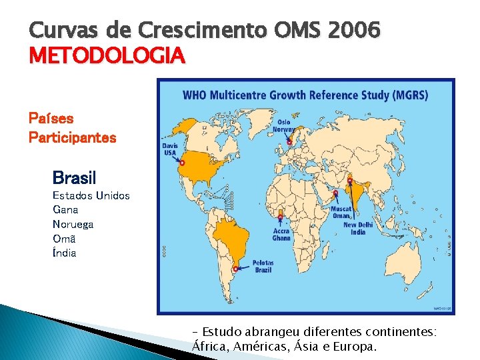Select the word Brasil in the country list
(x=74, y=178)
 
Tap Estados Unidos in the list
(x=91, y=195)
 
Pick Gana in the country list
(x=65, y=210)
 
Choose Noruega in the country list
(x=73, y=224)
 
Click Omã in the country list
(x=64, y=239)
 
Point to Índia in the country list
(x=65, y=253)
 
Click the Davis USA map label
(x=170, y=149)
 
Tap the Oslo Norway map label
(x=284, y=126)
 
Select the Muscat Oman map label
(x=341, y=212)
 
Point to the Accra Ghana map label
(x=281, y=234)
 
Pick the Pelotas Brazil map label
(x=263, y=266)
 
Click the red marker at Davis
(x=182, y=162)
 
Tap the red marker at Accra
(x=280, y=217)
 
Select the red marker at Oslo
(x=289, y=141)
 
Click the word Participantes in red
(x=72, y=138)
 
